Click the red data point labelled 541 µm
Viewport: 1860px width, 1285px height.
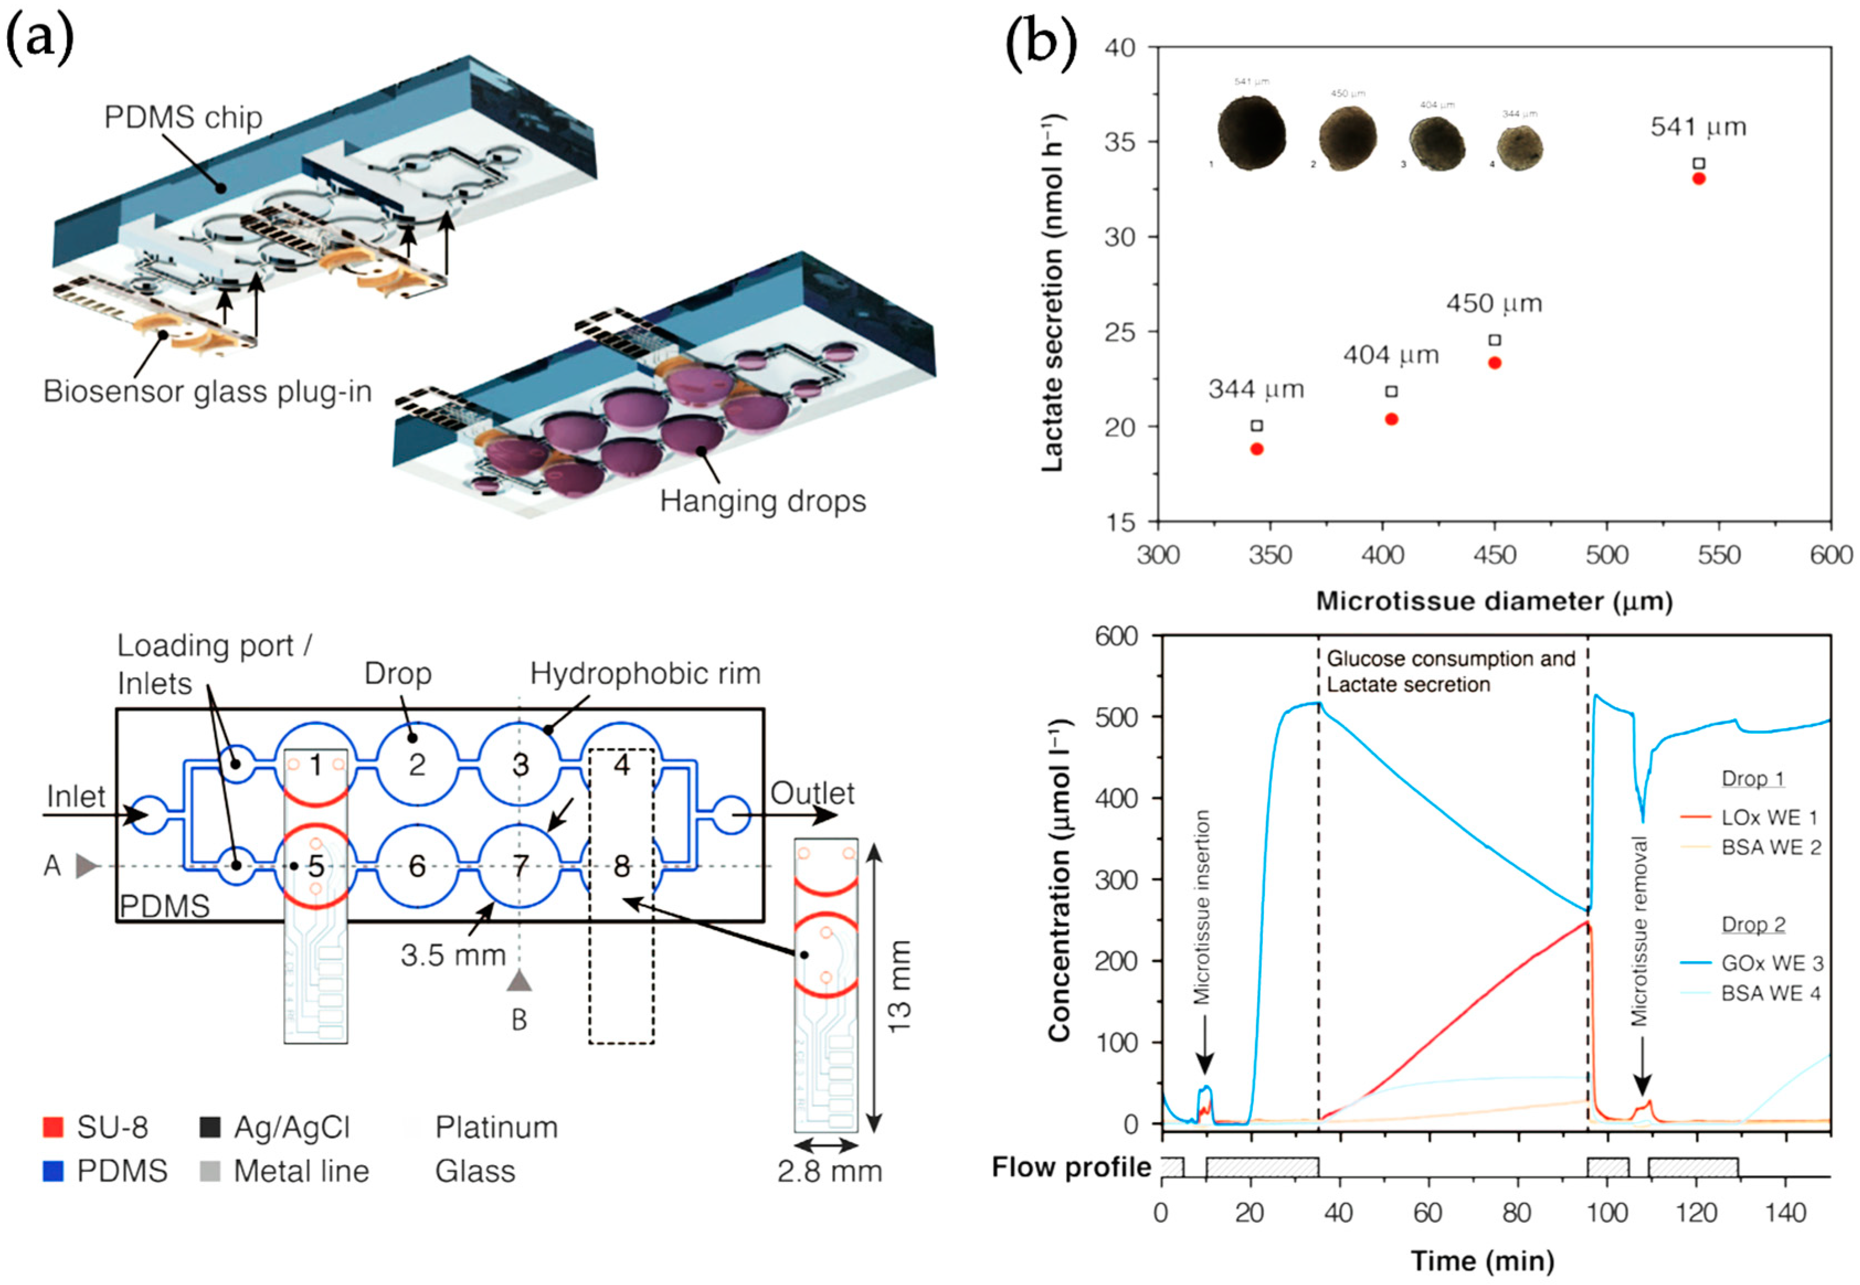1698,179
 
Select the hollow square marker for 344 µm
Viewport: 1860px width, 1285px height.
1257,425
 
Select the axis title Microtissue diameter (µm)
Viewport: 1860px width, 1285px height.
1495,601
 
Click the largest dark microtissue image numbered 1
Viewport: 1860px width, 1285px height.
1251,133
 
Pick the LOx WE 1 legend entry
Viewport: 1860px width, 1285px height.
1769,817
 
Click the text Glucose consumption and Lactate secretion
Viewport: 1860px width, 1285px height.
1450,671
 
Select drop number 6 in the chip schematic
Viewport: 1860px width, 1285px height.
416,866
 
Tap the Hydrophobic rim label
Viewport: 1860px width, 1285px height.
644,674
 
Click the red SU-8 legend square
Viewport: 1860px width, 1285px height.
53,1127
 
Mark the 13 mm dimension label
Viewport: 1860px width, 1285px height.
899,987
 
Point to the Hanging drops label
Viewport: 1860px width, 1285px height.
762,501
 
